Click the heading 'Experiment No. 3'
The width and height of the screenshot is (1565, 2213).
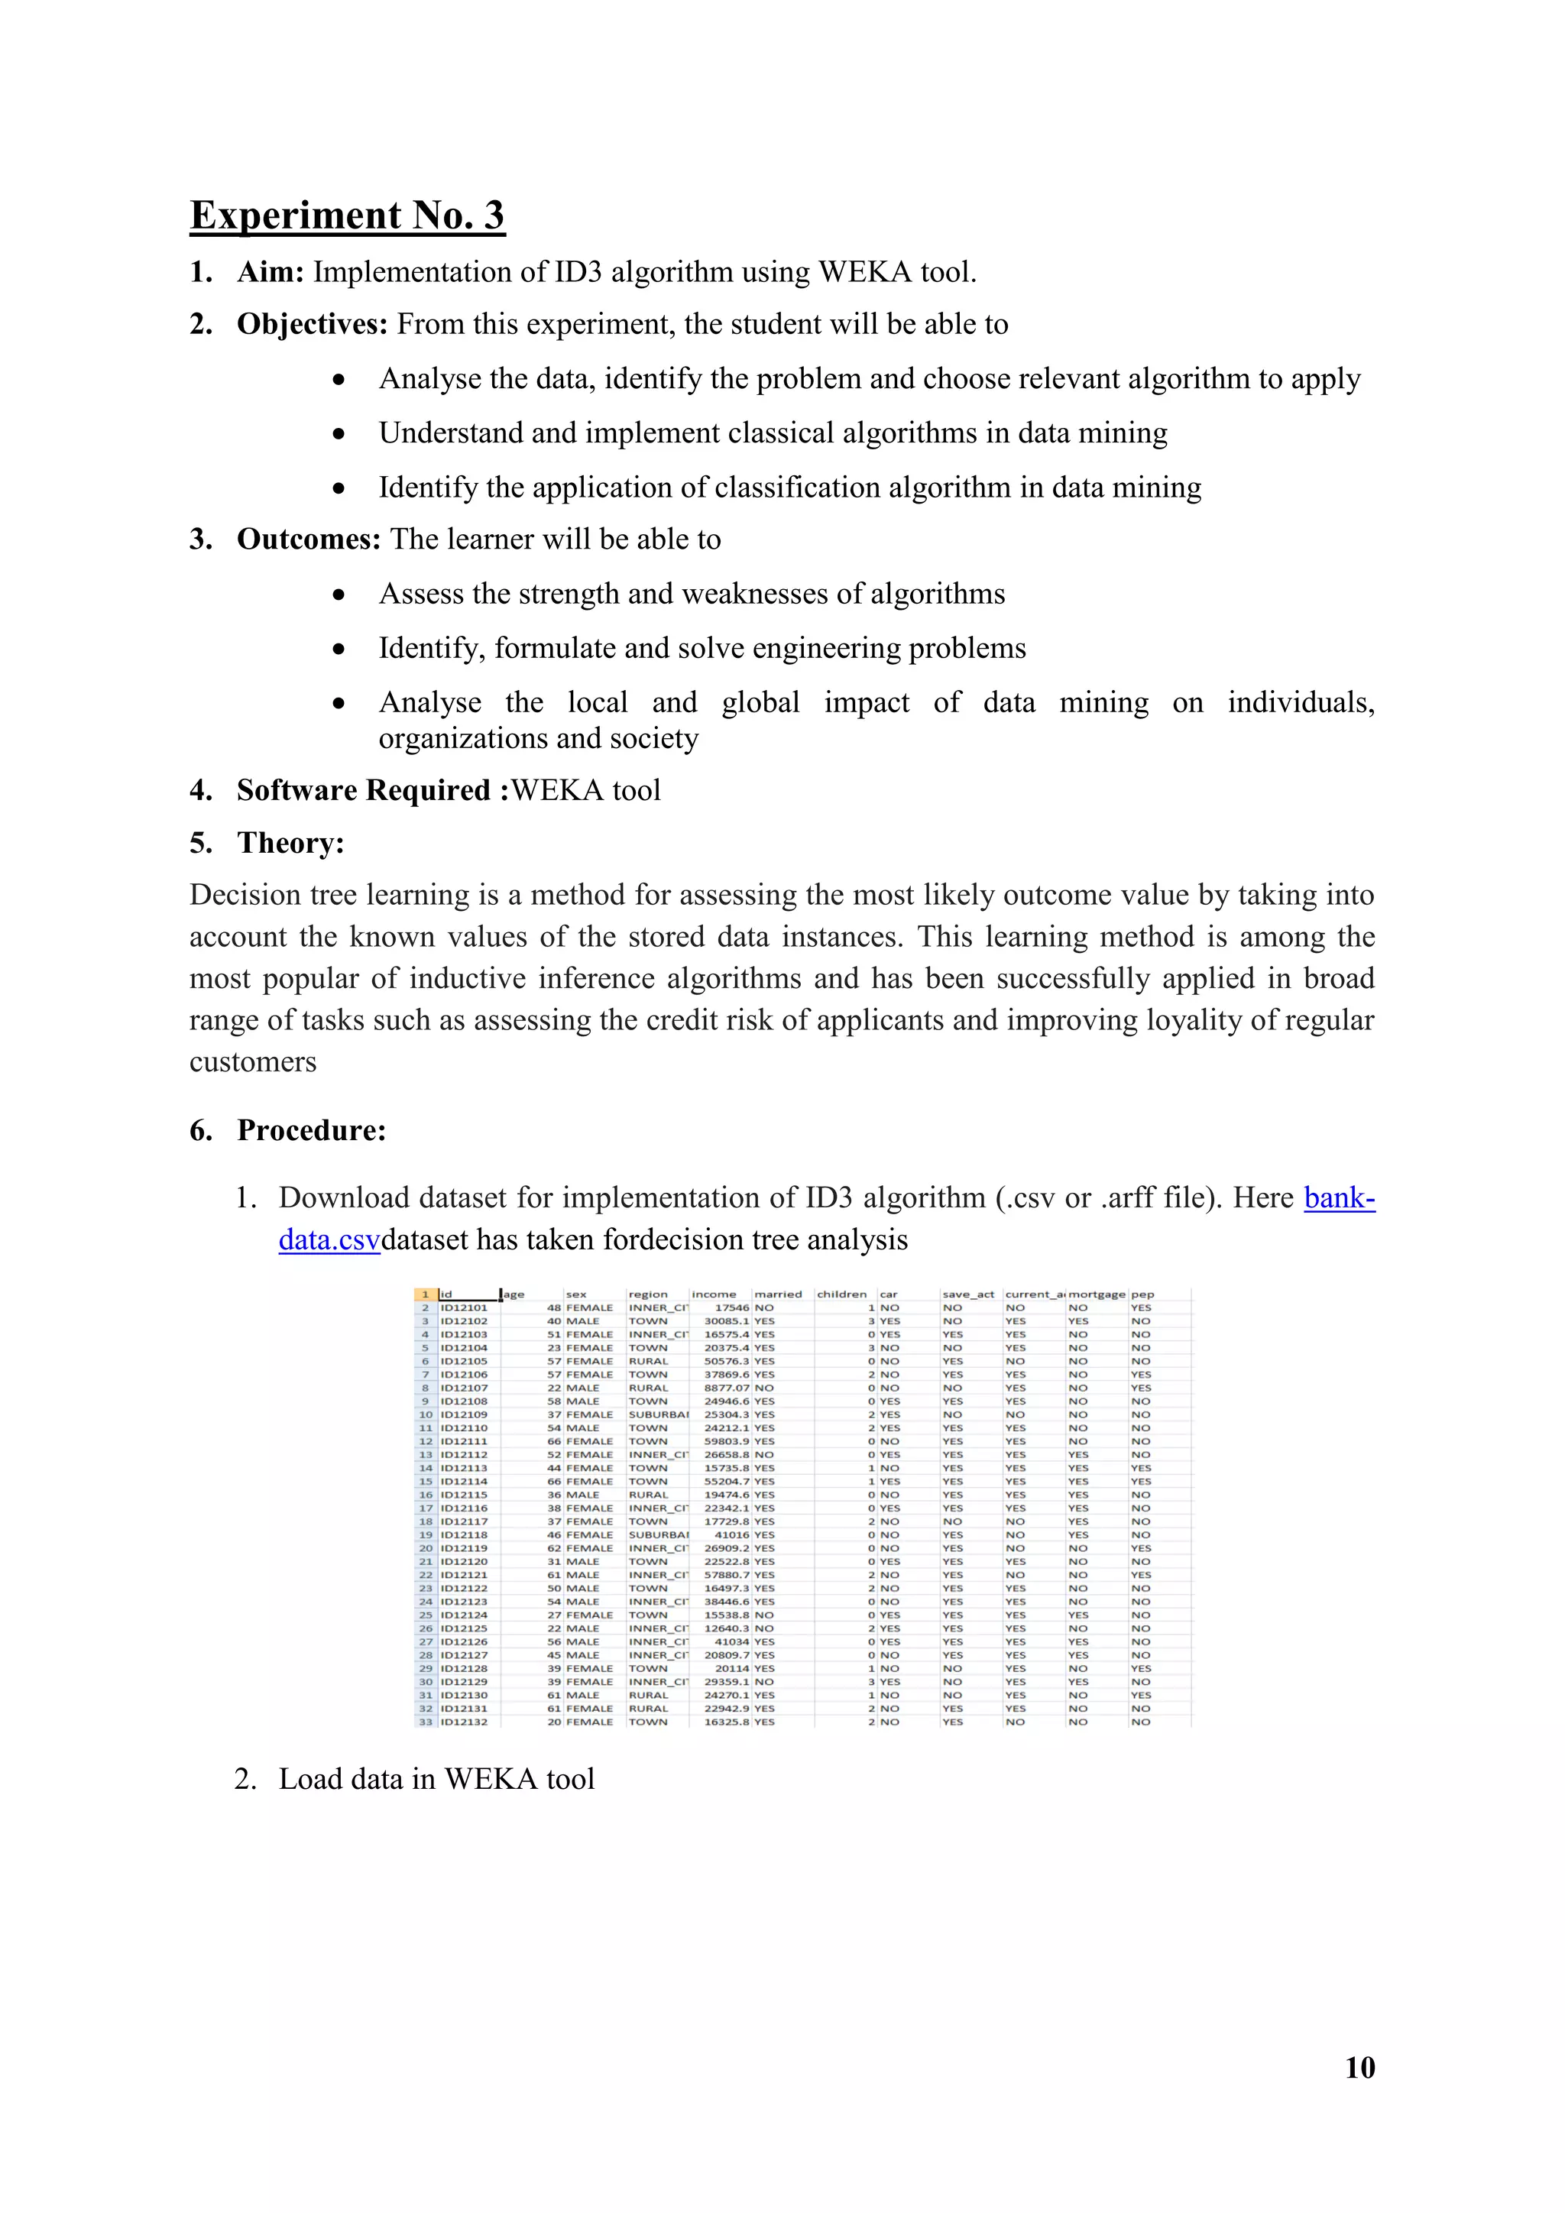point(347,215)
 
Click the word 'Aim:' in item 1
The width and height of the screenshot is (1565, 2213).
point(271,273)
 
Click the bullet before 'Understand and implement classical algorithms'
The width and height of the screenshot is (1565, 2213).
point(339,435)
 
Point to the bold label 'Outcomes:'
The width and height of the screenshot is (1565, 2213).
point(309,539)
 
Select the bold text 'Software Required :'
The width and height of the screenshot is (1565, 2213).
point(372,790)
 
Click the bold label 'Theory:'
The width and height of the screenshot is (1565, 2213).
point(290,844)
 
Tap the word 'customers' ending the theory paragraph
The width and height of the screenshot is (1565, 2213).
point(252,1062)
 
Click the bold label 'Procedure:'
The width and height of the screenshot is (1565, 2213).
point(311,1131)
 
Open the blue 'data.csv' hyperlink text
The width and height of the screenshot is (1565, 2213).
point(329,1239)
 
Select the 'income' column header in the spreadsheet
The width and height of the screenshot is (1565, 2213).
point(713,1294)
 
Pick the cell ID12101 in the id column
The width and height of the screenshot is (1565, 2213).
point(465,1308)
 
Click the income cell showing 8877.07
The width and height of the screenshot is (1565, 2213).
point(726,1388)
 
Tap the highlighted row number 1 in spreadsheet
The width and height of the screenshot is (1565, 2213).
point(425,1294)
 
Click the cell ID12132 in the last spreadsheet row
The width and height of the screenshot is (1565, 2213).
point(465,1722)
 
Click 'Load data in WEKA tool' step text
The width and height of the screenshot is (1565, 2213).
point(436,1779)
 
